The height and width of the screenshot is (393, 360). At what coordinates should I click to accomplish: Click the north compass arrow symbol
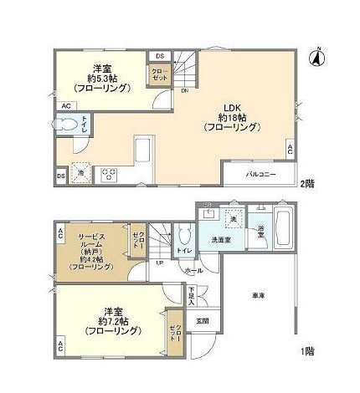coord(319,56)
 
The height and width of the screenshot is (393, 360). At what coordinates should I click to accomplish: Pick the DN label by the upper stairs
coord(184,92)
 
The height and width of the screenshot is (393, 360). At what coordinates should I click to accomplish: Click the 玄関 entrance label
coord(202,320)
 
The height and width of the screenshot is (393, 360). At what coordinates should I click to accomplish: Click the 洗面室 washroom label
coord(221,239)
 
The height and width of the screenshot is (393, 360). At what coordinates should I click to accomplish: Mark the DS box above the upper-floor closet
coord(158,56)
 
